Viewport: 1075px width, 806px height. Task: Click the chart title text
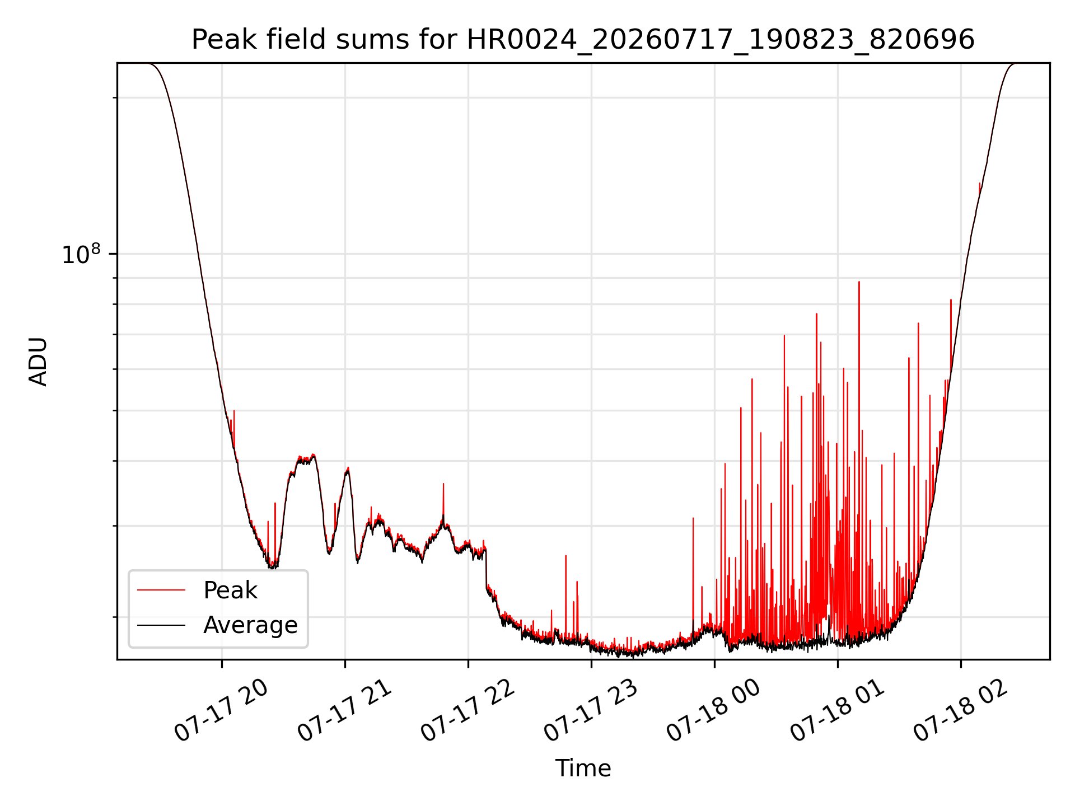pyautogui.click(x=583, y=40)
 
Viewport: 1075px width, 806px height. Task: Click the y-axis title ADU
pyautogui.click(x=38, y=362)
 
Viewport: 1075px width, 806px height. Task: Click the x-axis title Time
pyautogui.click(x=583, y=768)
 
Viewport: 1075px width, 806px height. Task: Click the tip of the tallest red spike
pyautogui.click(x=859, y=282)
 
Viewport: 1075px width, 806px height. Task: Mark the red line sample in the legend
pyautogui.click(x=161, y=590)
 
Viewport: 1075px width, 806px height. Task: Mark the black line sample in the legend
pyautogui.click(x=161, y=625)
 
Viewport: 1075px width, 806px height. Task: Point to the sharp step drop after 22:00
pyautogui.click(x=486, y=568)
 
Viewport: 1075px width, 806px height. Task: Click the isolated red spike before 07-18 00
pyautogui.click(x=693, y=518)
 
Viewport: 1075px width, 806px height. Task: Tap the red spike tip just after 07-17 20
pyautogui.click(x=234, y=411)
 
